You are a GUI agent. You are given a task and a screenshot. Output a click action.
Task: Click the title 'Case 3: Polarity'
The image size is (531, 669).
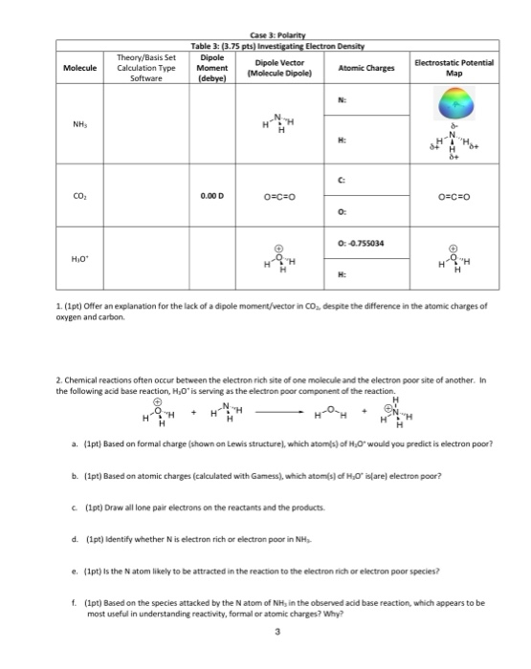pos(266,35)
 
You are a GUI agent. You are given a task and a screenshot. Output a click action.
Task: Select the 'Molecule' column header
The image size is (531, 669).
pos(79,68)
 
